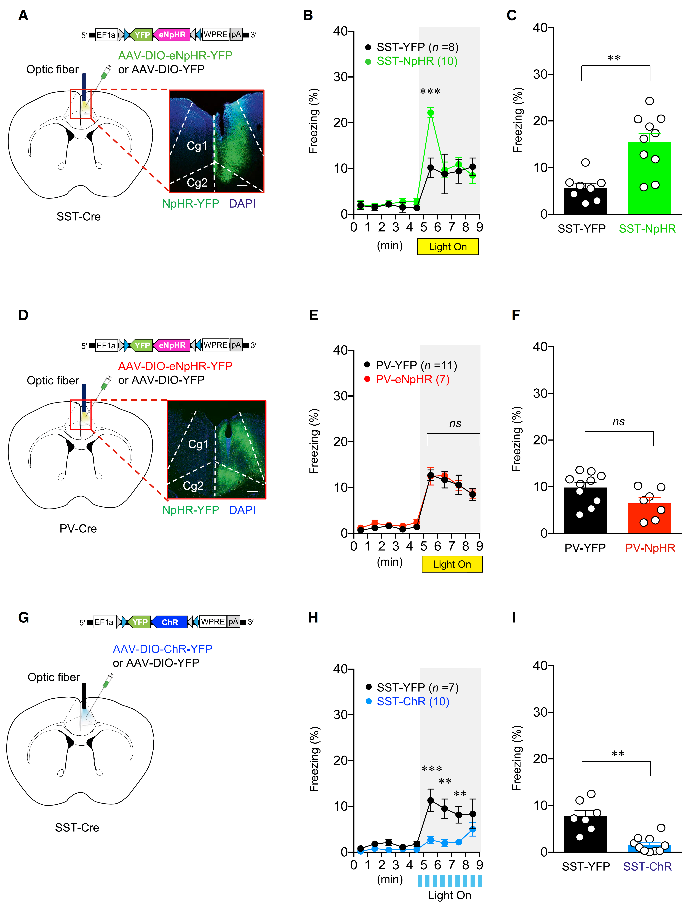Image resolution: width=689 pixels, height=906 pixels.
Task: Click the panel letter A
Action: (23, 16)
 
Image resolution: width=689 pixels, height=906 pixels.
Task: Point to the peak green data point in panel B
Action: (431, 112)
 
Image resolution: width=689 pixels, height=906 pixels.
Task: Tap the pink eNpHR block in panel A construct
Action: (172, 35)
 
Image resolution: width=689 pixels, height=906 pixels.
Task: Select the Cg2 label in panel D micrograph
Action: (193, 486)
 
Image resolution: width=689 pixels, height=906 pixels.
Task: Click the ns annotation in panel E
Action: (455, 423)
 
